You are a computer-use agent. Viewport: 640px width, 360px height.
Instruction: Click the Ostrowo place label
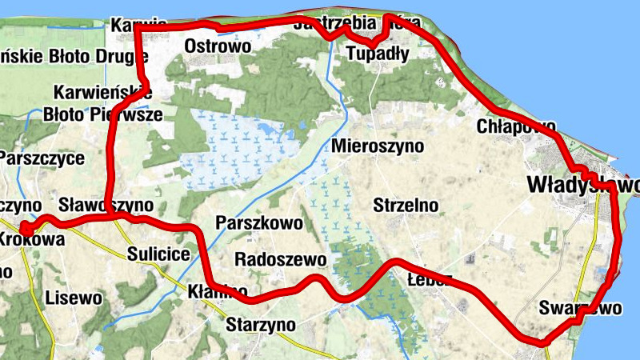218,46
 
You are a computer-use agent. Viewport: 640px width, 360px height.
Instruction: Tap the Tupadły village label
378,54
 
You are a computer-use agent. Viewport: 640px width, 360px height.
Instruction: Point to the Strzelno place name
406,206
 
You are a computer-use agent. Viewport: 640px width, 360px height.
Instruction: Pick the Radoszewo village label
280,260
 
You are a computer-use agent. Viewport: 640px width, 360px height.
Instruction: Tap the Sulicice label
158,255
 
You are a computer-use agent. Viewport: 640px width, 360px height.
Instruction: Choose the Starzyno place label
261,325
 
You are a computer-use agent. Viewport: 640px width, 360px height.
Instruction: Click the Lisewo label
74,298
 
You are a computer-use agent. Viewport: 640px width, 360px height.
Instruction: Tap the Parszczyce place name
42,158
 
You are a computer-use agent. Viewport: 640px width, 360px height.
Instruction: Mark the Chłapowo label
515,126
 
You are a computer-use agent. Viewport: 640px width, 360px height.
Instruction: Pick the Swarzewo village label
580,308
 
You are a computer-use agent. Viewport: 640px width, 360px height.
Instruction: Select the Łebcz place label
430,281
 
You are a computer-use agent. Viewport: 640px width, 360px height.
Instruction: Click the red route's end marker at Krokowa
26,230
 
